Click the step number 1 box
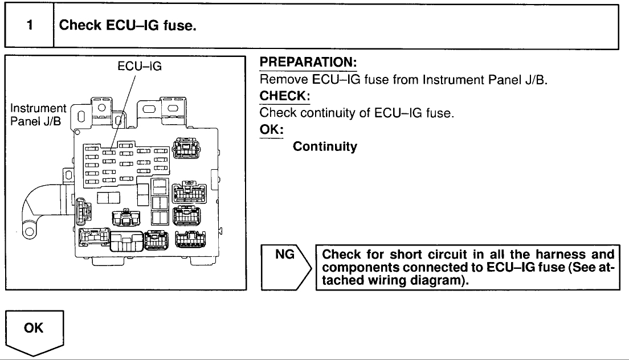point(28,26)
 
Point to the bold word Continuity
point(325,147)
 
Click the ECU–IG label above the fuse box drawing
point(140,66)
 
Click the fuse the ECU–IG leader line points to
point(109,151)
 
